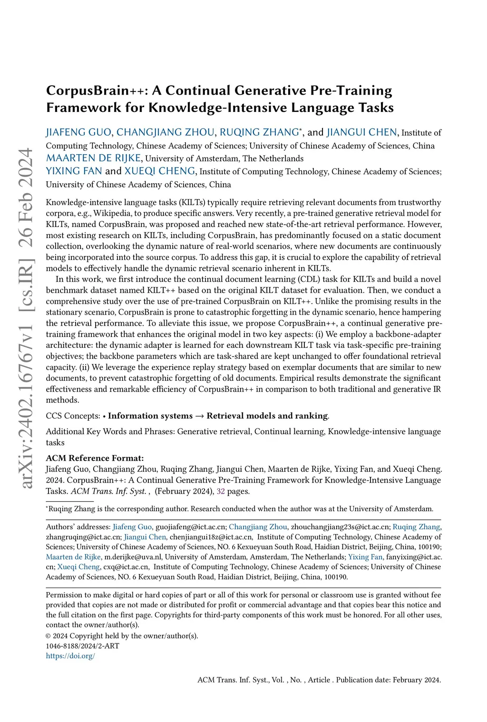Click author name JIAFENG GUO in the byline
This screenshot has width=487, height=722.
click(x=78, y=132)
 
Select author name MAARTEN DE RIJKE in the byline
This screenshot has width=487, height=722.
click(x=93, y=158)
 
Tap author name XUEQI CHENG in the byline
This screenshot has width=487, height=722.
click(x=160, y=171)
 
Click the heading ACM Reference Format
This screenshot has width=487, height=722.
click(x=95, y=458)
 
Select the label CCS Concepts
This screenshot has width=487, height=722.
click(x=72, y=415)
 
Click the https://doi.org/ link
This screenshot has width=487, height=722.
click(x=70, y=655)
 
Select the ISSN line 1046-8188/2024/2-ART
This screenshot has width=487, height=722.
click(x=82, y=646)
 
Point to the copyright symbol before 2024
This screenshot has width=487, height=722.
click(x=48, y=636)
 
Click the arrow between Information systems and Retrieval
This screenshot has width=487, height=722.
click(x=200, y=415)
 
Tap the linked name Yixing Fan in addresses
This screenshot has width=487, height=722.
click(x=365, y=557)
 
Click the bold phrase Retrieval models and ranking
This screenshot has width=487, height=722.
click(x=267, y=415)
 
